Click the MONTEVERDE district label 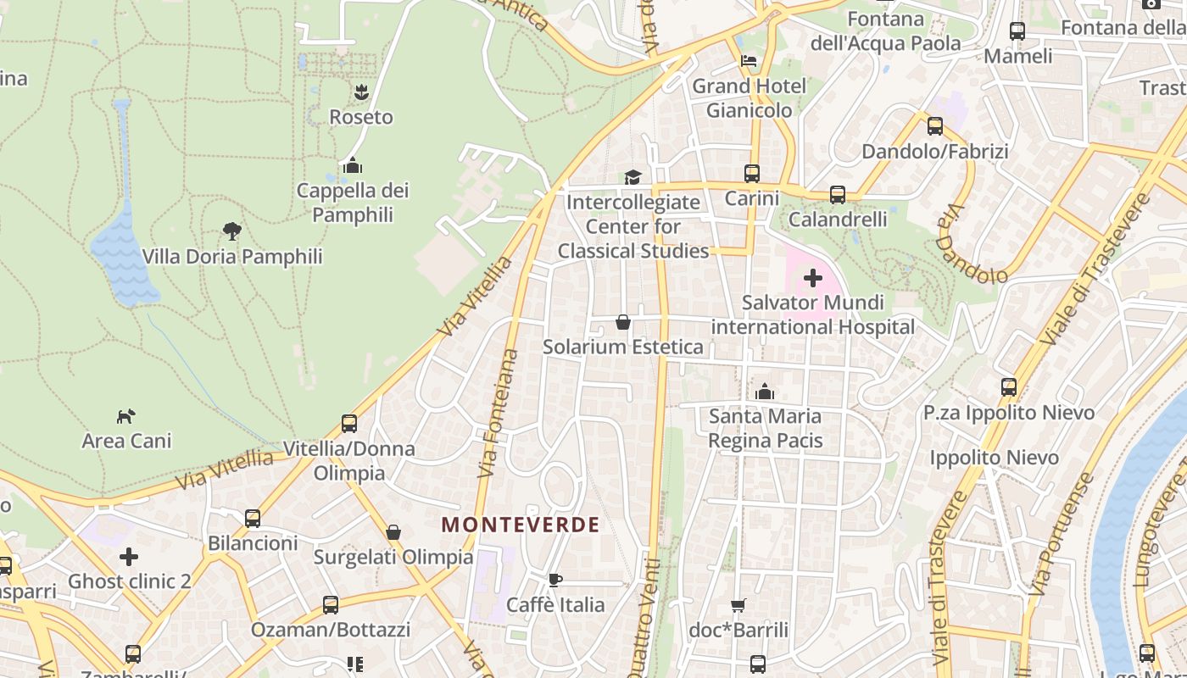[x=521, y=525]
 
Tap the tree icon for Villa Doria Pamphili [x=231, y=231]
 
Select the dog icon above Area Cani [x=126, y=416]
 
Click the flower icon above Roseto [x=361, y=91]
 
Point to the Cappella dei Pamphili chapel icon [x=353, y=165]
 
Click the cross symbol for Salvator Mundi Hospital [x=813, y=277]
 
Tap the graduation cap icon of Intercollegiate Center [x=633, y=176]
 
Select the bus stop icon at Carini [x=751, y=173]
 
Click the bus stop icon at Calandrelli [x=838, y=194]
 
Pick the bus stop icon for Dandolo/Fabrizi [x=935, y=126]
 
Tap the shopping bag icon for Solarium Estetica [x=623, y=322]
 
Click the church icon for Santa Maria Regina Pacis [x=765, y=392]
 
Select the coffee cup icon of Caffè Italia [x=554, y=580]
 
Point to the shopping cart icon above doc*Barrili [x=738, y=605]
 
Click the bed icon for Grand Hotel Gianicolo [x=749, y=60]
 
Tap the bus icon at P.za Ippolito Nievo [x=1009, y=387]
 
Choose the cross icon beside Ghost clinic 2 [x=129, y=557]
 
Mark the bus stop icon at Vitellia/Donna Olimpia [x=349, y=423]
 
